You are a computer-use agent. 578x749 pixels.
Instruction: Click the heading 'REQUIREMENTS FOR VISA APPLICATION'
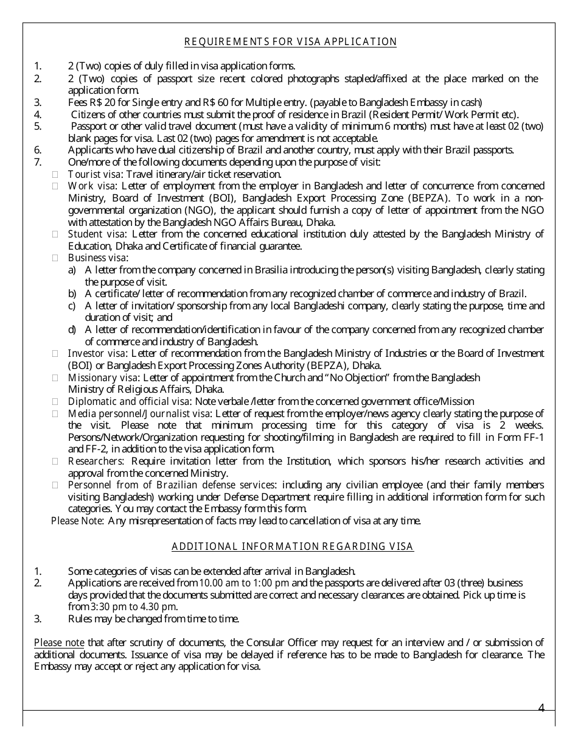[290, 42]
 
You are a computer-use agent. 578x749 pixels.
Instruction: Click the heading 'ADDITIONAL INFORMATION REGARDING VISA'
[293, 546]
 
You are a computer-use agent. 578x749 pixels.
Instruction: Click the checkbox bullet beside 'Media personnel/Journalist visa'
[55, 413]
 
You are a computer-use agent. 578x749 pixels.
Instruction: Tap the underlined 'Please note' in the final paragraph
[59, 642]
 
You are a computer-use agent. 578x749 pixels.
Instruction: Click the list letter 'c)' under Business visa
[72, 306]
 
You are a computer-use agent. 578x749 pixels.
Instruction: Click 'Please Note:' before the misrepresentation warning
[78, 521]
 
